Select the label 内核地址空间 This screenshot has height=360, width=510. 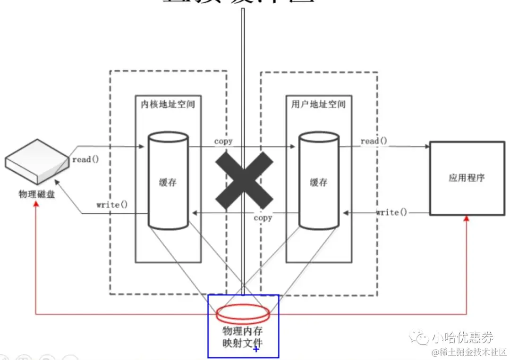coord(168,104)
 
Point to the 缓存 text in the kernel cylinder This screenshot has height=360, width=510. coord(168,182)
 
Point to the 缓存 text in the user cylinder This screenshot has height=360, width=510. coord(318,182)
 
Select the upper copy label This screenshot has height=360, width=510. coord(223,141)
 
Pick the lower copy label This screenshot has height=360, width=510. coord(263,218)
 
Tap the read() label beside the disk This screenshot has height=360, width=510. coord(85,159)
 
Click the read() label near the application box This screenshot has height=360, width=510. coord(374,141)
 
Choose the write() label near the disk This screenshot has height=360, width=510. coord(112,205)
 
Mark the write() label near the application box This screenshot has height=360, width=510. coord(391,212)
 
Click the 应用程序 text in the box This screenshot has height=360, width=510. coord(467,178)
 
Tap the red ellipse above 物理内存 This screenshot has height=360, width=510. coord(243,313)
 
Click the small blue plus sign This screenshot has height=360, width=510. coord(256,349)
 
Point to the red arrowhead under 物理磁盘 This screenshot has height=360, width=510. coord(36,209)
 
